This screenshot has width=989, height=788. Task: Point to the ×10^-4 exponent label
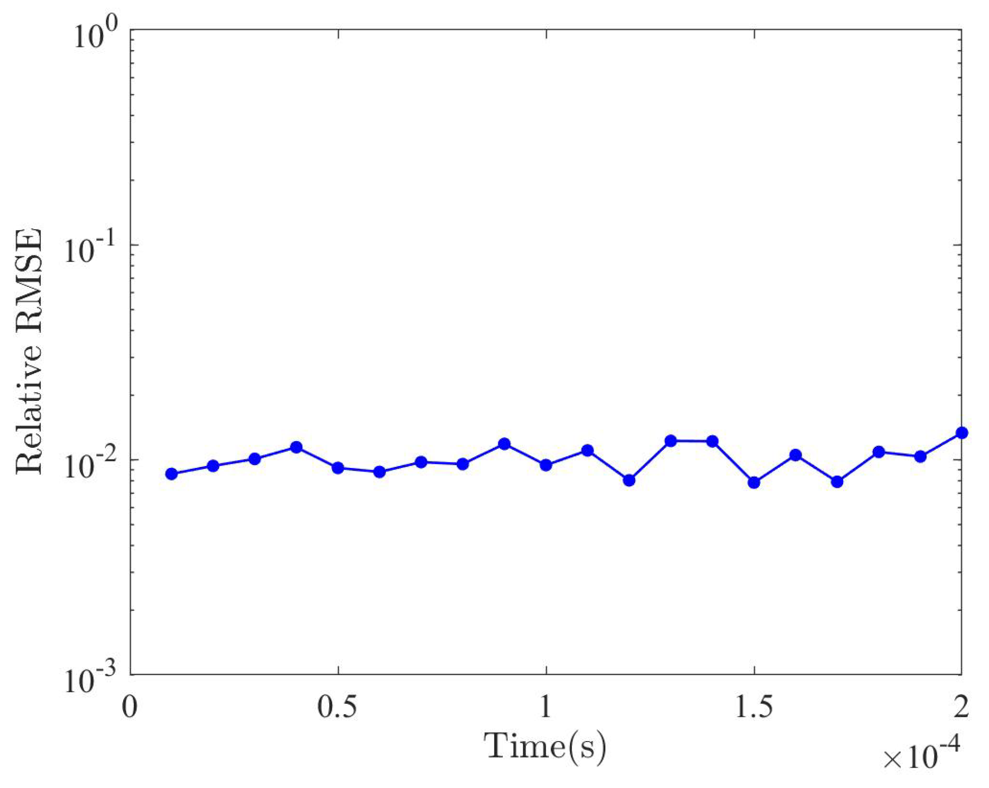[x=920, y=757]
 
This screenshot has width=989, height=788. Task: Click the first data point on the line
[x=172, y=474]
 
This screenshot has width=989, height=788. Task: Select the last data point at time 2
[x=962, y=433]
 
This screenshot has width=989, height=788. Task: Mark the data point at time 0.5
[x=338, y=468]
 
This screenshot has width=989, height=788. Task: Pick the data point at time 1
[x=546, y=465]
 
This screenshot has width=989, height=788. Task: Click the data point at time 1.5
[x=754, y=483]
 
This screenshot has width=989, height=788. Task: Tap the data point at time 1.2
[x=629, y=480]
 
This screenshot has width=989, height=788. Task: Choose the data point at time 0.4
[x=296, y=447]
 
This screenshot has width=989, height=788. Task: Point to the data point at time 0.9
[x=504, y=444]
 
